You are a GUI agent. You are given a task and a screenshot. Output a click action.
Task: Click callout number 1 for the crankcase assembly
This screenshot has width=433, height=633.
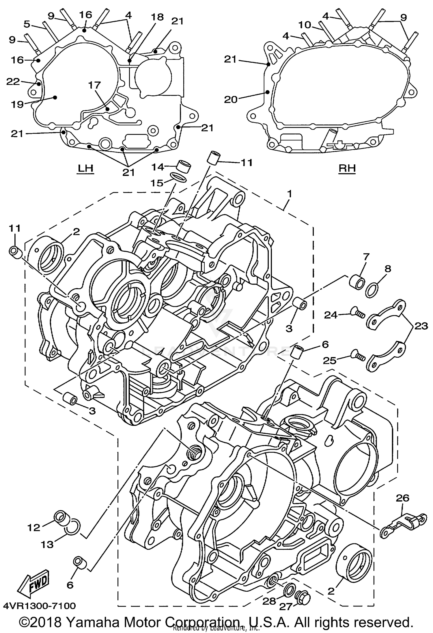click(290, 194)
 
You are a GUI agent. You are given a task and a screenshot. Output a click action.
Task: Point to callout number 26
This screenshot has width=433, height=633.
click(403, 498)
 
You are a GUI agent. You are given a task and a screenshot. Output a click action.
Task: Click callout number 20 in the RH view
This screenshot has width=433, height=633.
click(231, 99)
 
